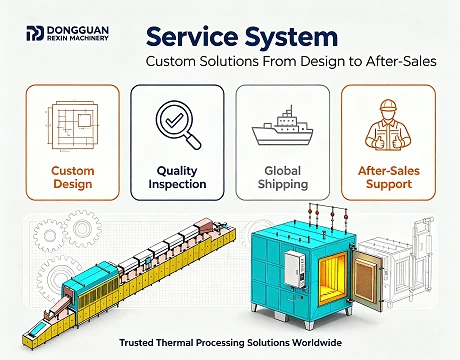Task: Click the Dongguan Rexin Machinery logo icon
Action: click(x=35, y=33)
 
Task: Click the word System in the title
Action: click(x=291, y=37)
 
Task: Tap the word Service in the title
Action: click(x=192, y=36)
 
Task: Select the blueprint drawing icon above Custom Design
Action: click(x=72, y=126)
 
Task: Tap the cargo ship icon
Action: click(x=283, y=126)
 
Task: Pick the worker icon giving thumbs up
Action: click(x=388, y=124)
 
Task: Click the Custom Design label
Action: click(x=73, y=177)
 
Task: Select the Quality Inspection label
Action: click(x=177, y=177)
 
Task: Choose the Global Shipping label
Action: click(x=283, y=177)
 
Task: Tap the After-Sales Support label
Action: click(x=389, y=177)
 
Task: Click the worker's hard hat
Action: click(x=388, y=106)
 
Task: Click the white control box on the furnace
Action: click(x=295, y=269)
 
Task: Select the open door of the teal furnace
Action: click(x=367, y=279)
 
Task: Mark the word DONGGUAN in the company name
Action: click(x=78, y=30)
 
